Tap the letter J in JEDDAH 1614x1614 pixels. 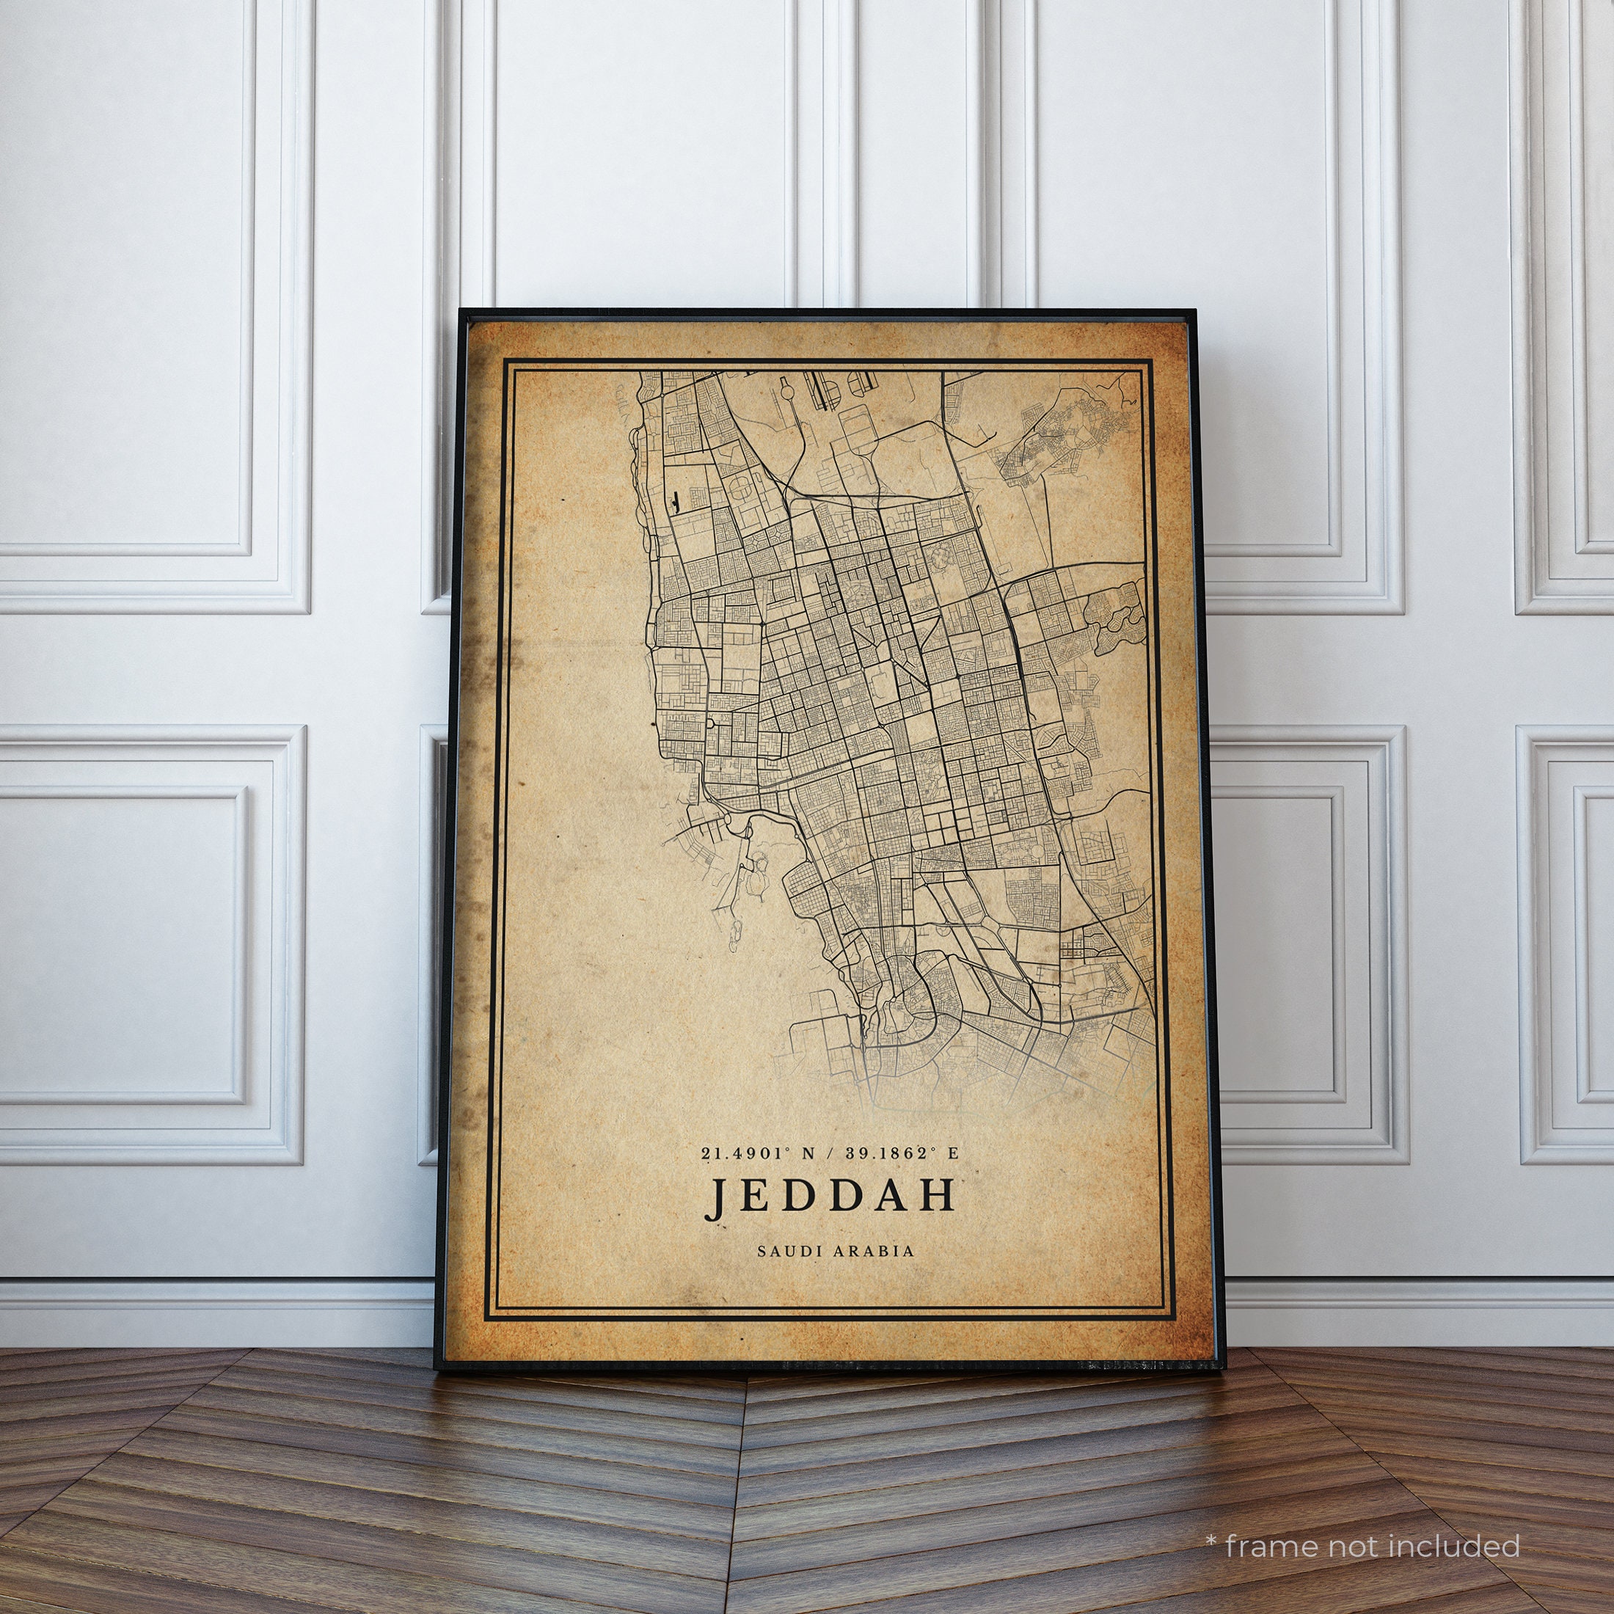(x=715, y=1197)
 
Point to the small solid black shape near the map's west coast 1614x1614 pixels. (x=674, y=500)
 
